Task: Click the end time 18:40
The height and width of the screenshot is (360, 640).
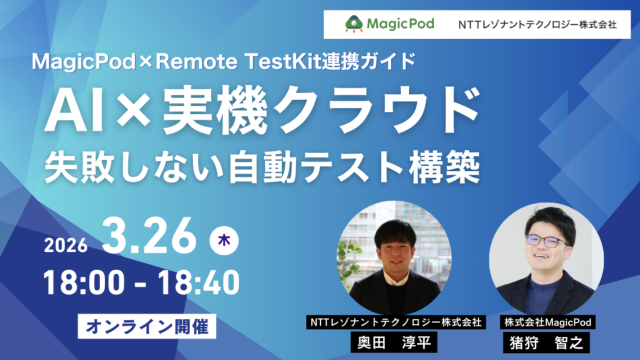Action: coord(198,282)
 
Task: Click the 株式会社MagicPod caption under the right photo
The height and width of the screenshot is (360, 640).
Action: coord(546,322)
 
